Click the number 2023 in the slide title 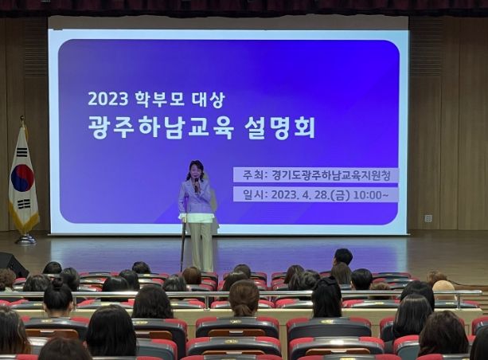tap(108, 100)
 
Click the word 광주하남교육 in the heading tap(161, 127)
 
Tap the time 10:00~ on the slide tap(371, 195)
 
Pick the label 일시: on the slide tap(256, 195)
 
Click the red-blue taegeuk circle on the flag tap(22, 178)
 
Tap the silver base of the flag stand tap(25, 240)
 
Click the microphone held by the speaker tap(197, 185)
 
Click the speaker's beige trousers tap(201, 245)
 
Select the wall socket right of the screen tap(428, 218)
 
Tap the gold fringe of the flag tap(23, 217)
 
